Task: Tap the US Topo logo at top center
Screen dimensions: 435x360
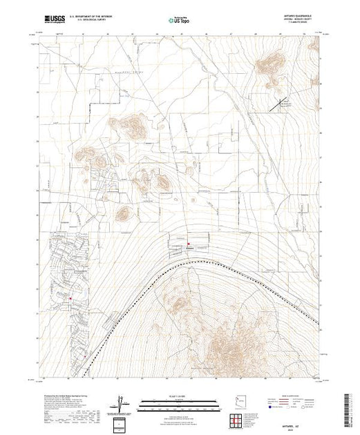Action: tap(180, 20)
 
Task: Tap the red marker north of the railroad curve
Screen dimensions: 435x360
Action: tap(180, 244)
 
